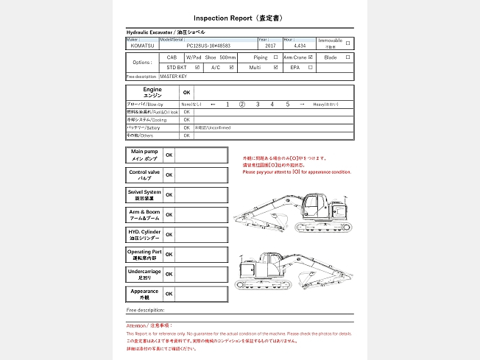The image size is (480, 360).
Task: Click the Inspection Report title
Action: coord(239,17)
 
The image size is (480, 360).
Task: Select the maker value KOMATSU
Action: coord(143,45)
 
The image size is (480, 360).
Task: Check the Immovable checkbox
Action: coord(347,43)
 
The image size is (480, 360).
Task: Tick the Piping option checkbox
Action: coord(275,57)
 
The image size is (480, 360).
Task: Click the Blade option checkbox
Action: coord(348,57)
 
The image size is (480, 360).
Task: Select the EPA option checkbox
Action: coord(310,67)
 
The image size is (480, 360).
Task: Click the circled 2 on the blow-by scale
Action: coord(241,105)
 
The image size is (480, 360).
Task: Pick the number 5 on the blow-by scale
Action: coord(288,105)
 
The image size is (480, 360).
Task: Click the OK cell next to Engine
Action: coord(186,93)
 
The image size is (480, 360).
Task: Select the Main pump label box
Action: coord(144,155)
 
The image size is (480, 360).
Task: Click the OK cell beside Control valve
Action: coord(169,175)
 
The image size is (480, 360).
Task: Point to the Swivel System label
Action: coord(144,195)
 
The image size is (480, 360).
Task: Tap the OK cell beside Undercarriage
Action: coord(169,274)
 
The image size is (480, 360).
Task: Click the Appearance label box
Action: coord(144,294)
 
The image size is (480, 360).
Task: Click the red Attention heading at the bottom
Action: coord(149,325)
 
